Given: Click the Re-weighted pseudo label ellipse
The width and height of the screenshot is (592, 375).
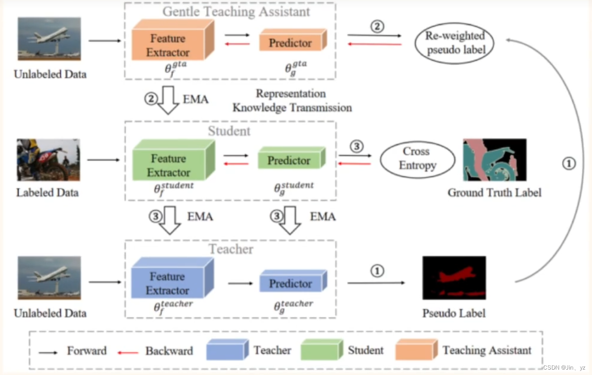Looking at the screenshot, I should coord(454,43).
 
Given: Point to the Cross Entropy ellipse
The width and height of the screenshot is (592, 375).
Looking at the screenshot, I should coord(417,159).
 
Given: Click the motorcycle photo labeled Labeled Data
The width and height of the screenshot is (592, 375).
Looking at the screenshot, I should coord(48,160).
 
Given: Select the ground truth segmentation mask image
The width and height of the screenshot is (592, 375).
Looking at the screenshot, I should coord(495,160).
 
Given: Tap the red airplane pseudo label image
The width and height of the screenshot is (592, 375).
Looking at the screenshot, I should coord(454,278).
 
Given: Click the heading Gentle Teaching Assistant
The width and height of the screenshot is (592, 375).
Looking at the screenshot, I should coord(236,12).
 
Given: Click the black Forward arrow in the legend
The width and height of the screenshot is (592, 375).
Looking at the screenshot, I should coord(48,352).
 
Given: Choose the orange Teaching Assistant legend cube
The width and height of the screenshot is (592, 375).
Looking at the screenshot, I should coord(414,350).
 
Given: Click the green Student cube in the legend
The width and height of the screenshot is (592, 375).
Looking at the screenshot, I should coord(319,350).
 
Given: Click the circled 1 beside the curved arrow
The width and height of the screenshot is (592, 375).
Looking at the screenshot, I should coord(569,164).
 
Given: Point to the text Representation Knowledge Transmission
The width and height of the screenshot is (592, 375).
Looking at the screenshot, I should coord(292,101).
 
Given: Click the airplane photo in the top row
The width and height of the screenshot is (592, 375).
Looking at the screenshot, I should coord(49,39).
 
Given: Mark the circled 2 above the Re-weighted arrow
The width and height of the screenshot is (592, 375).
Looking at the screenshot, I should coord(377,26).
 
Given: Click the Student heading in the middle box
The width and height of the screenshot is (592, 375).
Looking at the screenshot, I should coord(229,131).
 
